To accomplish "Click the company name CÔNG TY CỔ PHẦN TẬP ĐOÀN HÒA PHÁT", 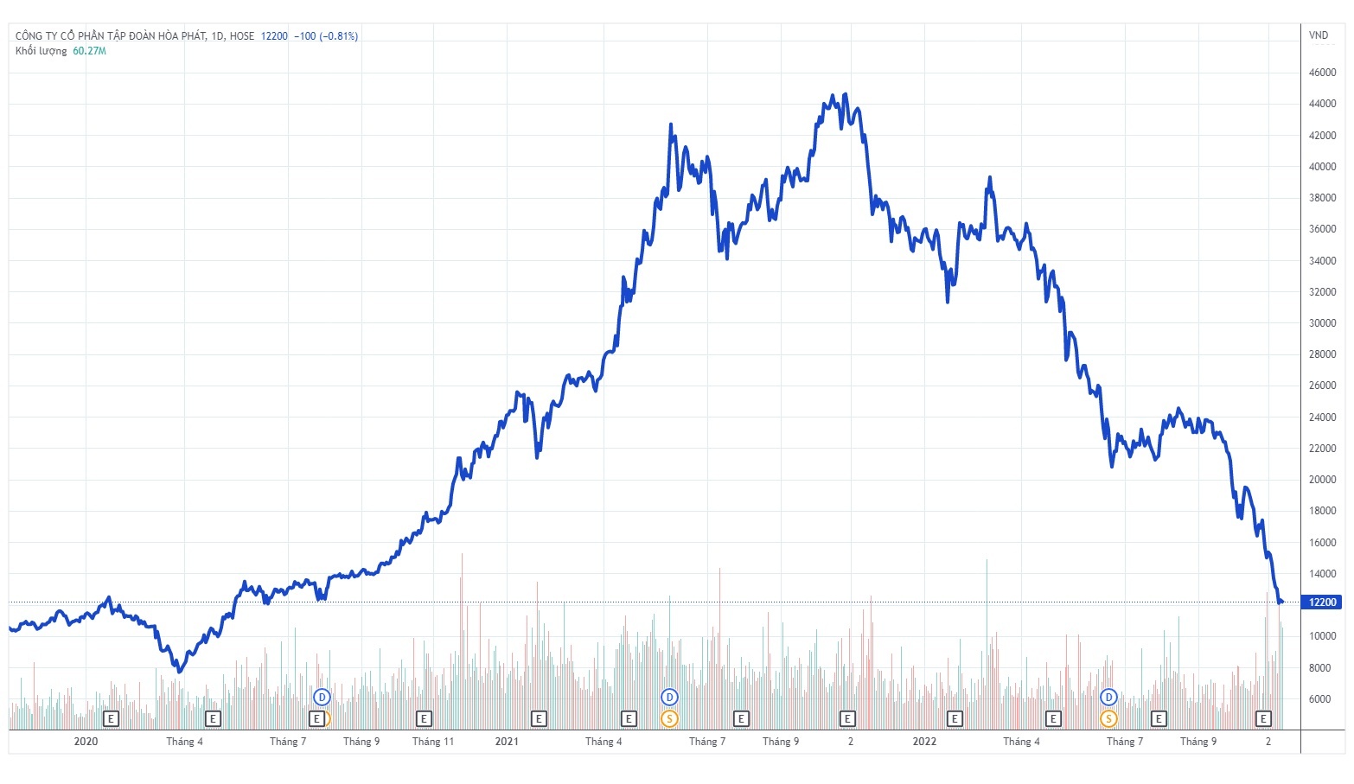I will coord(111,36).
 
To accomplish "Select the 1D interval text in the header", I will coord(217,36).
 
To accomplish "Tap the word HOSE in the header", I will coord(242,36).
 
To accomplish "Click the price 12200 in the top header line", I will coord(274,36).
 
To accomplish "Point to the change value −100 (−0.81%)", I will coord(326,36).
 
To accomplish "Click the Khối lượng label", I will coord(41,51).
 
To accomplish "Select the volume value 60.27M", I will coord(89,51).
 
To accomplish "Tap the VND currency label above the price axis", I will coord(1318,35).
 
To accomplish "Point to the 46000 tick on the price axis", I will coord(1322,73).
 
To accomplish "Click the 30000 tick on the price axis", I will coord(1322,323).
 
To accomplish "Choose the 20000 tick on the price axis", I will coord(1322,480).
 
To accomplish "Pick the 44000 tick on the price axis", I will coord(1322,104).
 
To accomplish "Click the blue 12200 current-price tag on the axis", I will coord(1323,602).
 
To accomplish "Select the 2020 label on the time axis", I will coord(86,742).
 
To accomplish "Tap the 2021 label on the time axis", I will coord(507,742).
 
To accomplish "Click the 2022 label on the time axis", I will coord(924,742).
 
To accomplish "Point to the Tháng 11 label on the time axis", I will coord(433,742).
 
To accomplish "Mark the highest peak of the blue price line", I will coord(846,94).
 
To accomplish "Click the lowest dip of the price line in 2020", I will coord(179,671).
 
